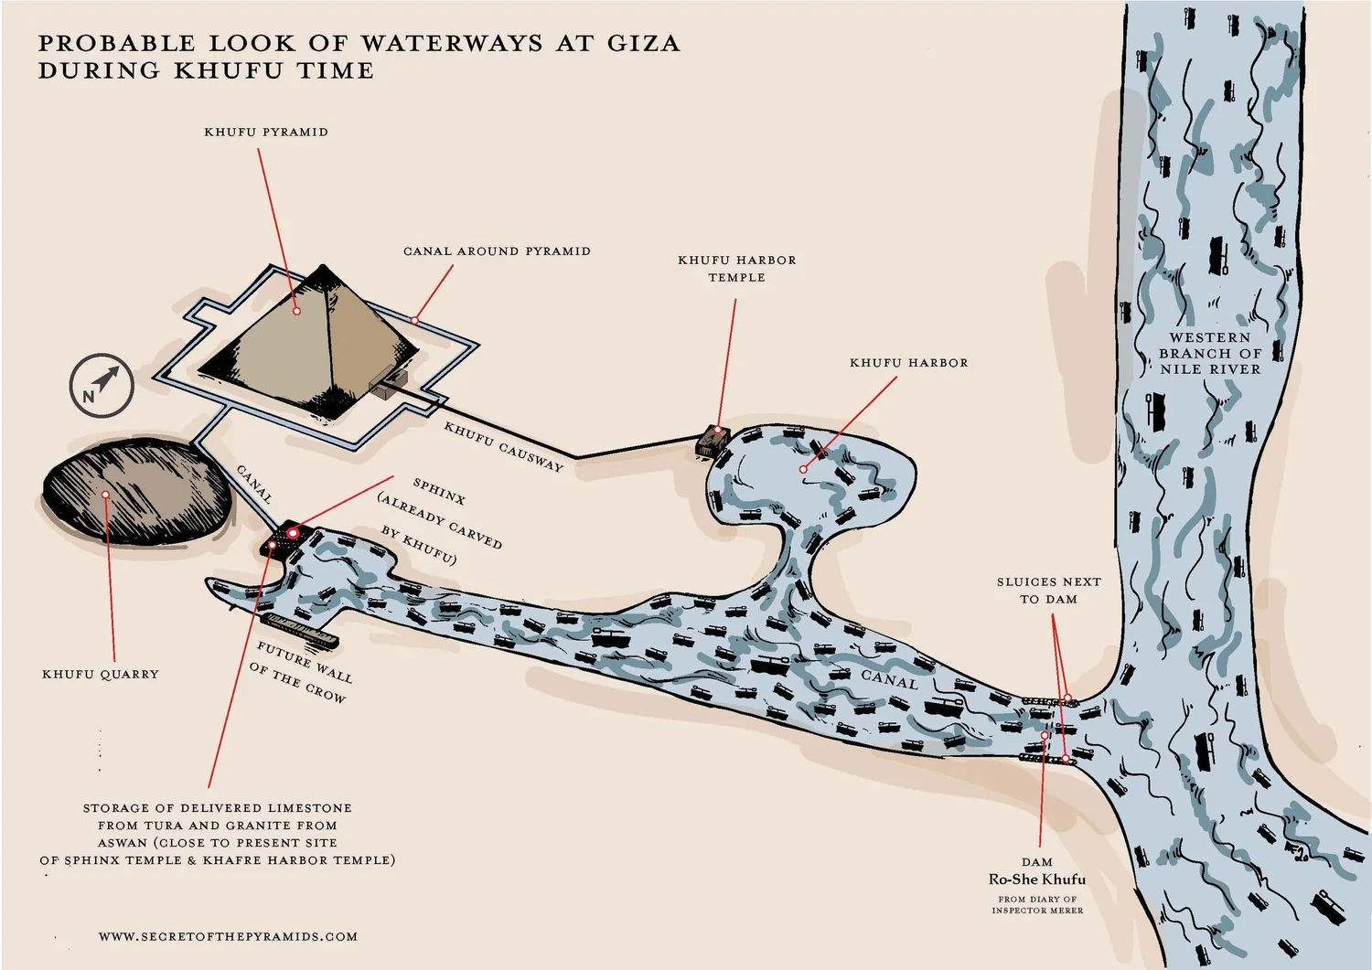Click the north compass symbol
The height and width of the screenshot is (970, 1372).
pos(102,386)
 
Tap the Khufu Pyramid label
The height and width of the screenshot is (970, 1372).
pos(266,132)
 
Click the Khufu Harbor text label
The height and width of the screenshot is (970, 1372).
pos(908,363)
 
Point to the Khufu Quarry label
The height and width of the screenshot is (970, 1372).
pos(101,675)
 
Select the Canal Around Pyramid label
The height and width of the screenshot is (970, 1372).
pos(497,251)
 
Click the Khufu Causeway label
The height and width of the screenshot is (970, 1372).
pos(503,446)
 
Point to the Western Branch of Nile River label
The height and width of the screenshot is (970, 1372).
pos(1209,354)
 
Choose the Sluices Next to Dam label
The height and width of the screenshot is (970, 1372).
pos(1048,591)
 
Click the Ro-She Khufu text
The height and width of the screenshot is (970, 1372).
pos(1036,879)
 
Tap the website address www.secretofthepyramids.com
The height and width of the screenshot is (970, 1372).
pos(228,936)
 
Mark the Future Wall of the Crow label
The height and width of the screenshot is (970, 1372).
pos(301,672)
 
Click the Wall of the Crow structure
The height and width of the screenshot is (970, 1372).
pos(299,629)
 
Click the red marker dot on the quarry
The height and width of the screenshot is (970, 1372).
pos(106,495)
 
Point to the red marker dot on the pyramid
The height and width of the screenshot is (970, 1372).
pos(296,311)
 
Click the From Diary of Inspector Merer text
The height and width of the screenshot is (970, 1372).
pos(1037,905)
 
